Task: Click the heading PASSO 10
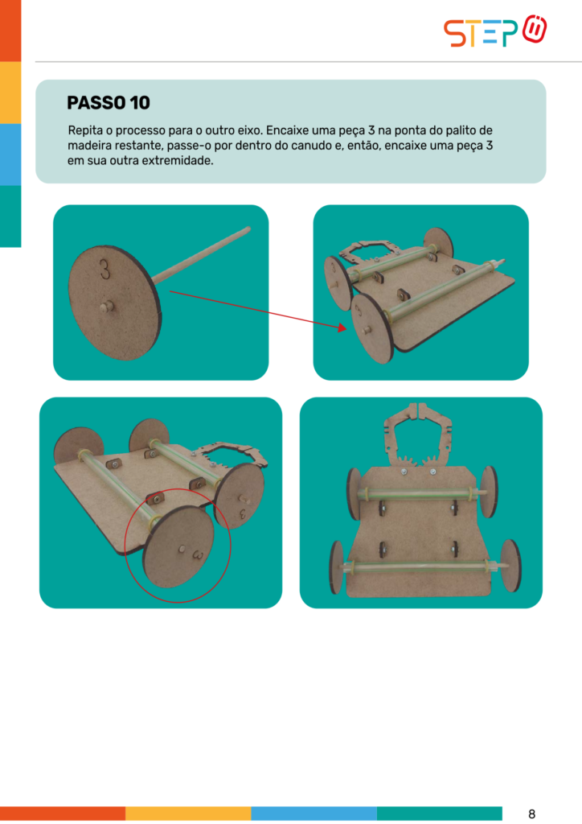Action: [x=108, y=102]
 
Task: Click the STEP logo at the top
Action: [x=495, y=31]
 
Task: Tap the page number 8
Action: [x=531, y=814]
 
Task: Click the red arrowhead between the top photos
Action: [x=342, y=328]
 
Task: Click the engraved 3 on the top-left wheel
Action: [x=105, y=269]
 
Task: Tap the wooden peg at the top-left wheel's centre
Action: [x=107, y=307]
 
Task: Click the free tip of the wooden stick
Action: [x=248, y=229]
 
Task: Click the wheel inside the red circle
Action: [x=179, y=546]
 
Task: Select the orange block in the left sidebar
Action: [x=10, y=31]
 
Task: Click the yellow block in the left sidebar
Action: [x=10, y=93]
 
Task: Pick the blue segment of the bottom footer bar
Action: [x=314, y=813]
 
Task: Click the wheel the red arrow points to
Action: [x=371, y=328]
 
